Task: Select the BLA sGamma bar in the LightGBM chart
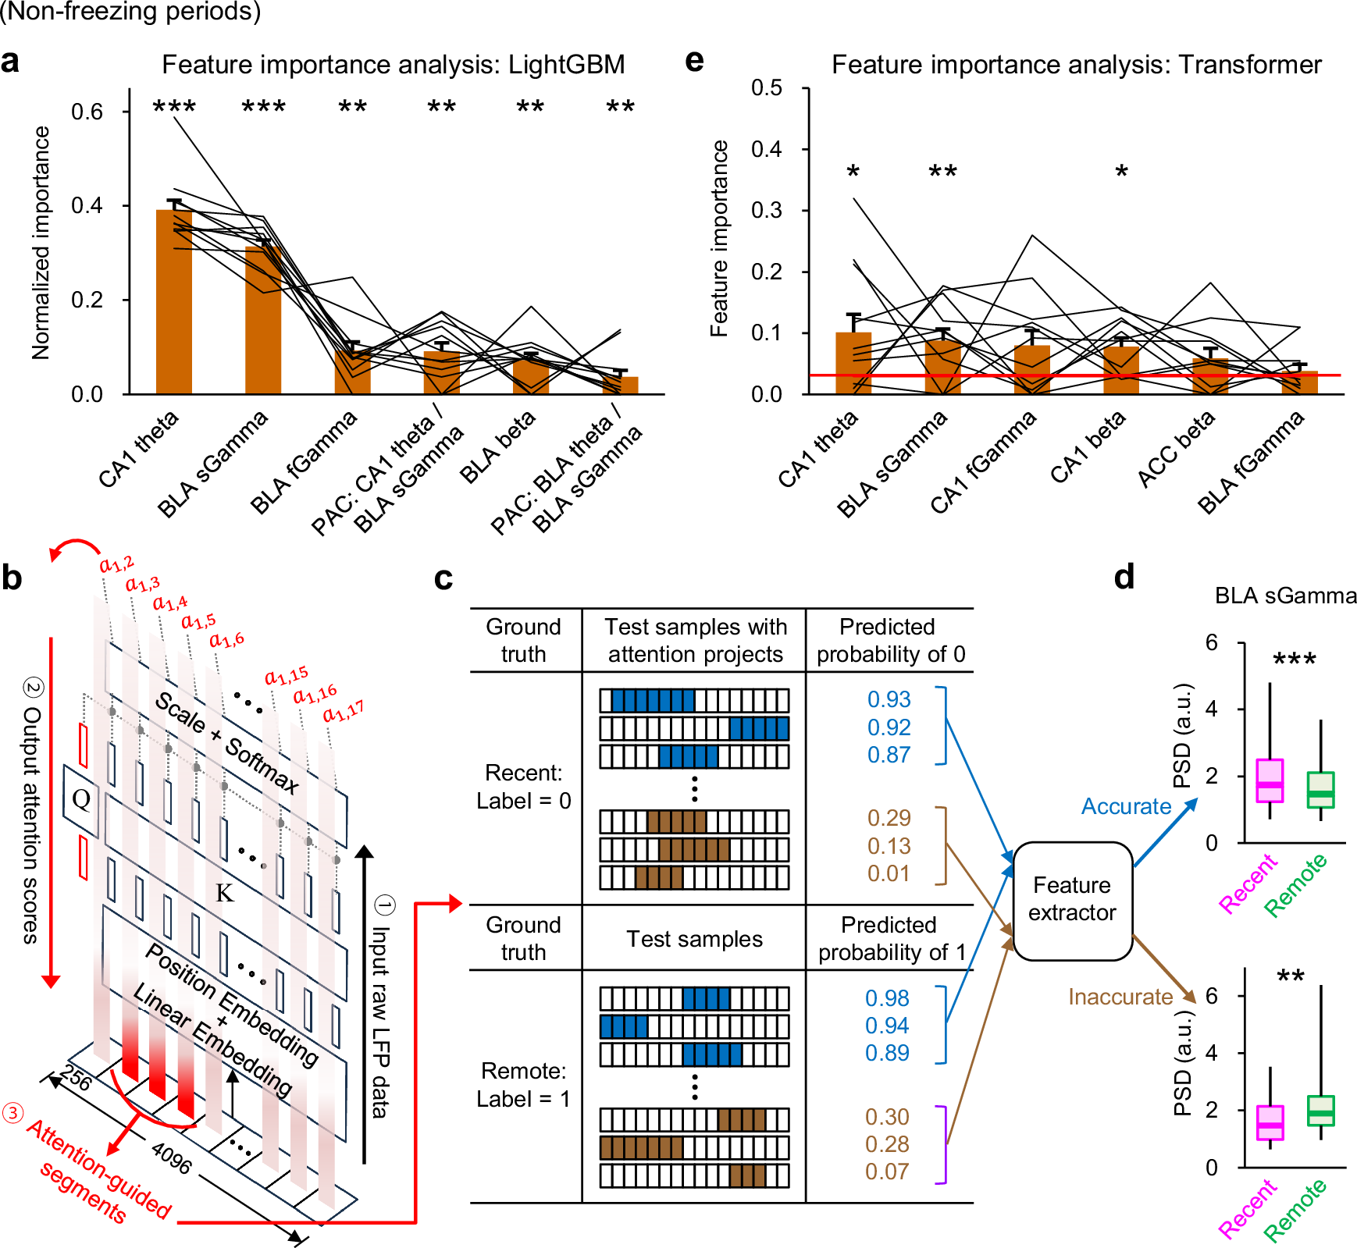(x=263, y=320)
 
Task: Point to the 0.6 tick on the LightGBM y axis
(x=87, y=112)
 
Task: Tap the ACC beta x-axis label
(x=1176, y=450)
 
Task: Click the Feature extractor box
(x=1072, y=899)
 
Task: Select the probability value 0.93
(x=889, y=699)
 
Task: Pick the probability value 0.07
(x=887, y=1172)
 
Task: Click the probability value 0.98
(x=887, y=998)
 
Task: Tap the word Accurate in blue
(x=1126, y=806)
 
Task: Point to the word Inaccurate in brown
(x=1120, y=997)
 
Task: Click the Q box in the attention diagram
(x=81, y=799)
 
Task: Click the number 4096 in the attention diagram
(x=171, y=1157)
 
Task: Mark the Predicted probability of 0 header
(x=890, y=640)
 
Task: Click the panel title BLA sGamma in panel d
(x=1285, y=596)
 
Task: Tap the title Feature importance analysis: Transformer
(x=1076, y=64)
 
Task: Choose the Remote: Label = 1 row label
(x=523, y=1085)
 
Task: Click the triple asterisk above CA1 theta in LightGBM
(x=174, y=107)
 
